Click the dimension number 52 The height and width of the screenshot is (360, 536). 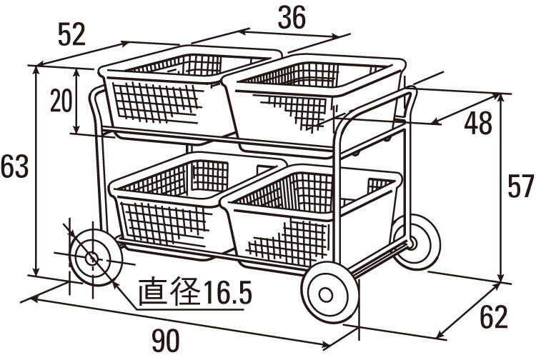[71, 34]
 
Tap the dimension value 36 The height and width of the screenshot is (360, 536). [292, 18]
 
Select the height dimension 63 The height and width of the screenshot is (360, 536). [14, 166]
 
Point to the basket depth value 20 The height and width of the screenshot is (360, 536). [61, 101]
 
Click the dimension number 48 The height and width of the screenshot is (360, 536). [478, 123]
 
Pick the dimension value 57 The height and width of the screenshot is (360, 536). [521, 186]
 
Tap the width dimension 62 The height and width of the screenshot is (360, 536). [494, 317]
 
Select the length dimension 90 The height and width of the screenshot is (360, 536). [166, 341]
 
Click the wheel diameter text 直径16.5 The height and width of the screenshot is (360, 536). [196, 292]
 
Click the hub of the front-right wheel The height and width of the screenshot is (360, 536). [326, 295]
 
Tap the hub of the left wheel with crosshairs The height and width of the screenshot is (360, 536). [92, 259]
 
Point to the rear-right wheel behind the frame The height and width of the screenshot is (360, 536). [417, 241]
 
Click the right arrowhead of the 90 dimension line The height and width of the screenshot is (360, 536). [324, 345]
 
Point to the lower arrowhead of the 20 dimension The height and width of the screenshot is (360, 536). [77, 128]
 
